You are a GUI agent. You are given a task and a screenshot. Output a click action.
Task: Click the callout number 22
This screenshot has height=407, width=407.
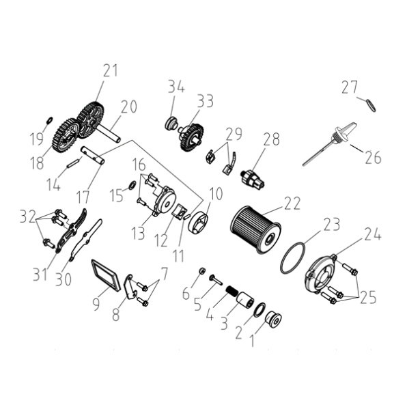pos(292,203)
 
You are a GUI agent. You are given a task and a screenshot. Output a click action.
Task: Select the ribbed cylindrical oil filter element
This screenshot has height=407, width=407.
pos(255,230)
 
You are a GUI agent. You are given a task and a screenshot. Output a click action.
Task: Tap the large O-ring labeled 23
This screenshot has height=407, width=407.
pos(293,257)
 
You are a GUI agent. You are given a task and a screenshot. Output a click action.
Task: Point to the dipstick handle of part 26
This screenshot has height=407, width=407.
pos(343,130)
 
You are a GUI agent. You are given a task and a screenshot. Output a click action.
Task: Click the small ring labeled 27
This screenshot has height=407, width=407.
pos(371,105)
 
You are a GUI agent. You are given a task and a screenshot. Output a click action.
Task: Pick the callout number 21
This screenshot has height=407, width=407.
pos(111,70)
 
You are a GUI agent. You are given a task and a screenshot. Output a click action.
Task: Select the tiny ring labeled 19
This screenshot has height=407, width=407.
pos(50,120)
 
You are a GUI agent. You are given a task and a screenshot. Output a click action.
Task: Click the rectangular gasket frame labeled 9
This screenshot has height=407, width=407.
pos(105,275)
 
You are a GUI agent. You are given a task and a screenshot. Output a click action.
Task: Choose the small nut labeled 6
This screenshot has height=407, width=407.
pos(201,271)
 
